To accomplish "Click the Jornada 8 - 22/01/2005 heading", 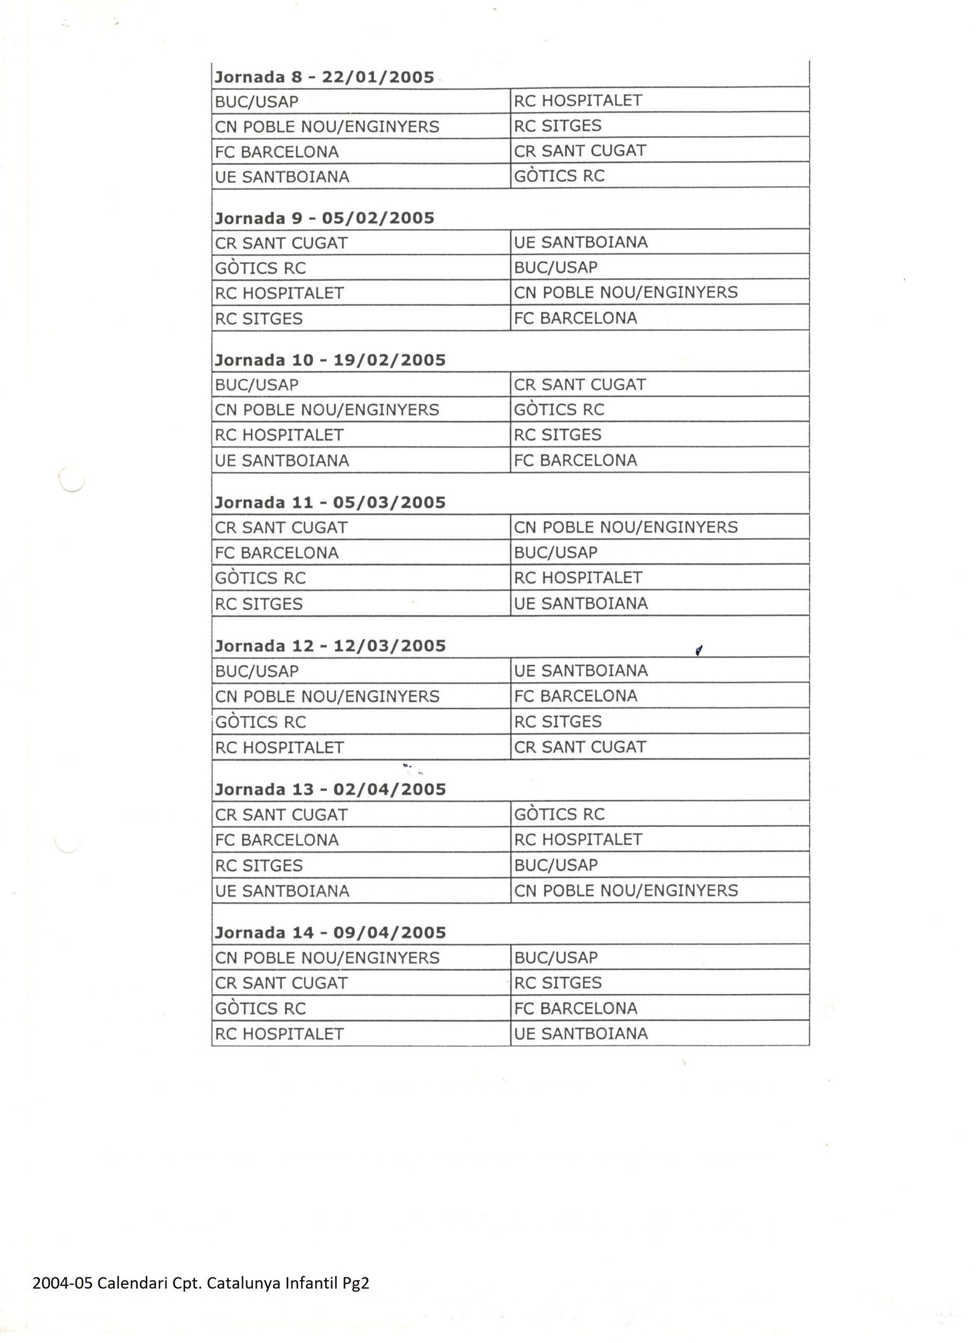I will [324, 78].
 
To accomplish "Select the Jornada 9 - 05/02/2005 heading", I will [324, 219].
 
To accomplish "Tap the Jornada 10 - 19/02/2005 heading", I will [330, 360].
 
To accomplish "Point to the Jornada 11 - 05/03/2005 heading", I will [330, 503].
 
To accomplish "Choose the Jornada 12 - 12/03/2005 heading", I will [330, 646].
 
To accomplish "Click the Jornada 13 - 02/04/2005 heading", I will [330, 790].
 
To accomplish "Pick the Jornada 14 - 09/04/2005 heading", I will [330, 933].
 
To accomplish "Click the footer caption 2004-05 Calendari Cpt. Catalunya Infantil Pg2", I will [201, 1283].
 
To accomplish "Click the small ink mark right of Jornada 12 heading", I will [699, 651].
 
